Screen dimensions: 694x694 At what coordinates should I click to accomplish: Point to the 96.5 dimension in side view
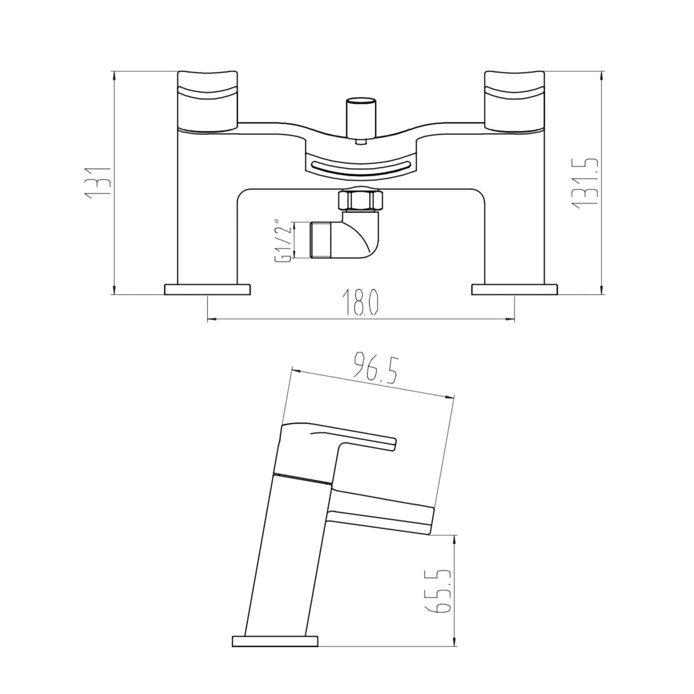(x=375, y=368)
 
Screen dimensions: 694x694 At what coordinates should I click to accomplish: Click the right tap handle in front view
(x=514, y=99)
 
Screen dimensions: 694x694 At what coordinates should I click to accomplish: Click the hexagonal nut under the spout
(x=360, y=199)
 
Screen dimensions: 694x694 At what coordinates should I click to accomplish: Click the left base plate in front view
(x=207, y=289)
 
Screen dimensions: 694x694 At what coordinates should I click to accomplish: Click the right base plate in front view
(x=514, y=289)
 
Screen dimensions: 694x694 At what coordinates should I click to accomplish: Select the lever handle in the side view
(x=342, y=437)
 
